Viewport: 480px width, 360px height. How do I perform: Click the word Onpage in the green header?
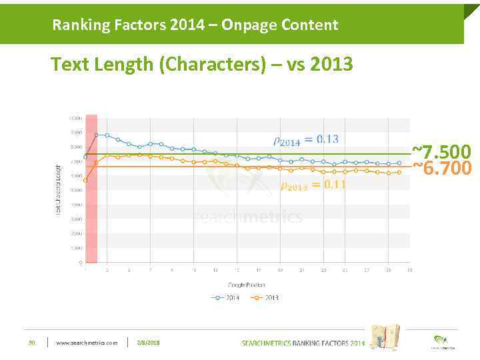point(246,25)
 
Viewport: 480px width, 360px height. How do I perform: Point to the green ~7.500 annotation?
point(441,152)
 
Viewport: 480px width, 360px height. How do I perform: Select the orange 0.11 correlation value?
point(335,185)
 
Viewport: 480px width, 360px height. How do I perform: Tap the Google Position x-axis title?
point(246,285)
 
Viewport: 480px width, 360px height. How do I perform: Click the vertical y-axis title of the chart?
point(58,189)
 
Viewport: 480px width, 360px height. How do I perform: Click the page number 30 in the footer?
point(31,343)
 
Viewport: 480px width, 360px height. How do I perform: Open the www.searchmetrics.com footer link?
point(86,343)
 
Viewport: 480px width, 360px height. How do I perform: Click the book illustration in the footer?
point(385,337)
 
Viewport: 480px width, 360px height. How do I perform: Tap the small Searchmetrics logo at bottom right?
point(440,341)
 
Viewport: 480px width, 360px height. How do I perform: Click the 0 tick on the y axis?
point(81,263)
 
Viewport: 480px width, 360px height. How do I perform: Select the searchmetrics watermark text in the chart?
point(247,217)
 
